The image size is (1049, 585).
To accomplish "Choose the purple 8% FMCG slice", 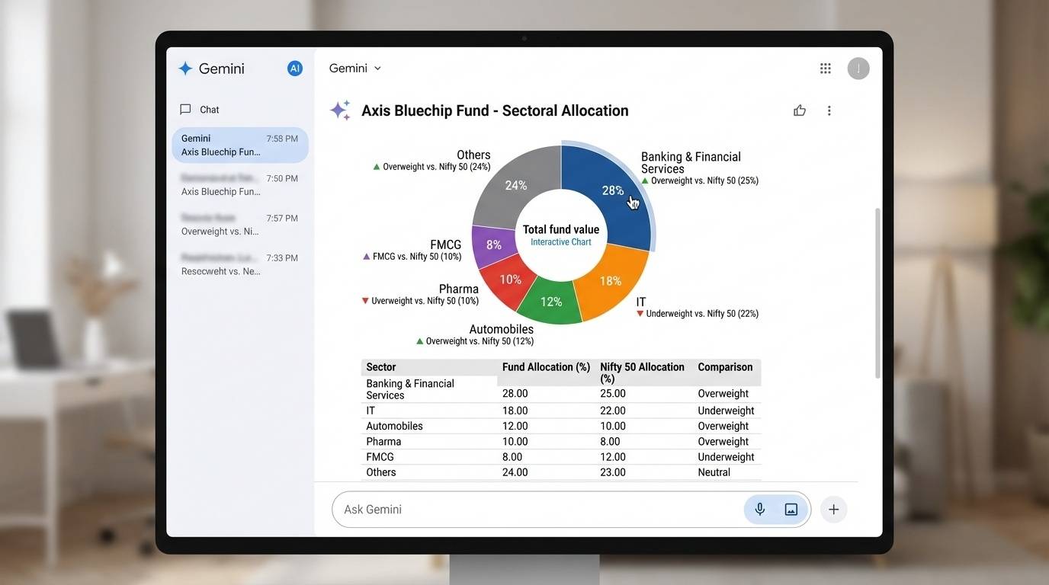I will point(493,245).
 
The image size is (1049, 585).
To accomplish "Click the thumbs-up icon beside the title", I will point(800,110).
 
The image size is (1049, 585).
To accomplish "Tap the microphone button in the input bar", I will point(759,510).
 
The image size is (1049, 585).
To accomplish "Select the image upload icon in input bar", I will point(791,510).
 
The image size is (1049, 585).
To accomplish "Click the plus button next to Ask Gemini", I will point(833,510).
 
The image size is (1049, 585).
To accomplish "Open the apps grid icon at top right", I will point(825,69).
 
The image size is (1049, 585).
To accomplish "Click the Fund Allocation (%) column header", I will point(546,367).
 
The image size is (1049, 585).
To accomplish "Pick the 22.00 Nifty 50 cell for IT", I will point(613,411).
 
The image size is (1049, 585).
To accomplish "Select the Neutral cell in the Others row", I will point(714,472).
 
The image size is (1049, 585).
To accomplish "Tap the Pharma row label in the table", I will point(383,442).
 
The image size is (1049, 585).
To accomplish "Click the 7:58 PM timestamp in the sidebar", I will point(282,139).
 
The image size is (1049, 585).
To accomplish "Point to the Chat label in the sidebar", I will point(209,110).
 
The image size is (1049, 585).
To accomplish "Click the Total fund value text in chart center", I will point(561,229).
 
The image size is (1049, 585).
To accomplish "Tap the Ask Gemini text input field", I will point(534,510).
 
